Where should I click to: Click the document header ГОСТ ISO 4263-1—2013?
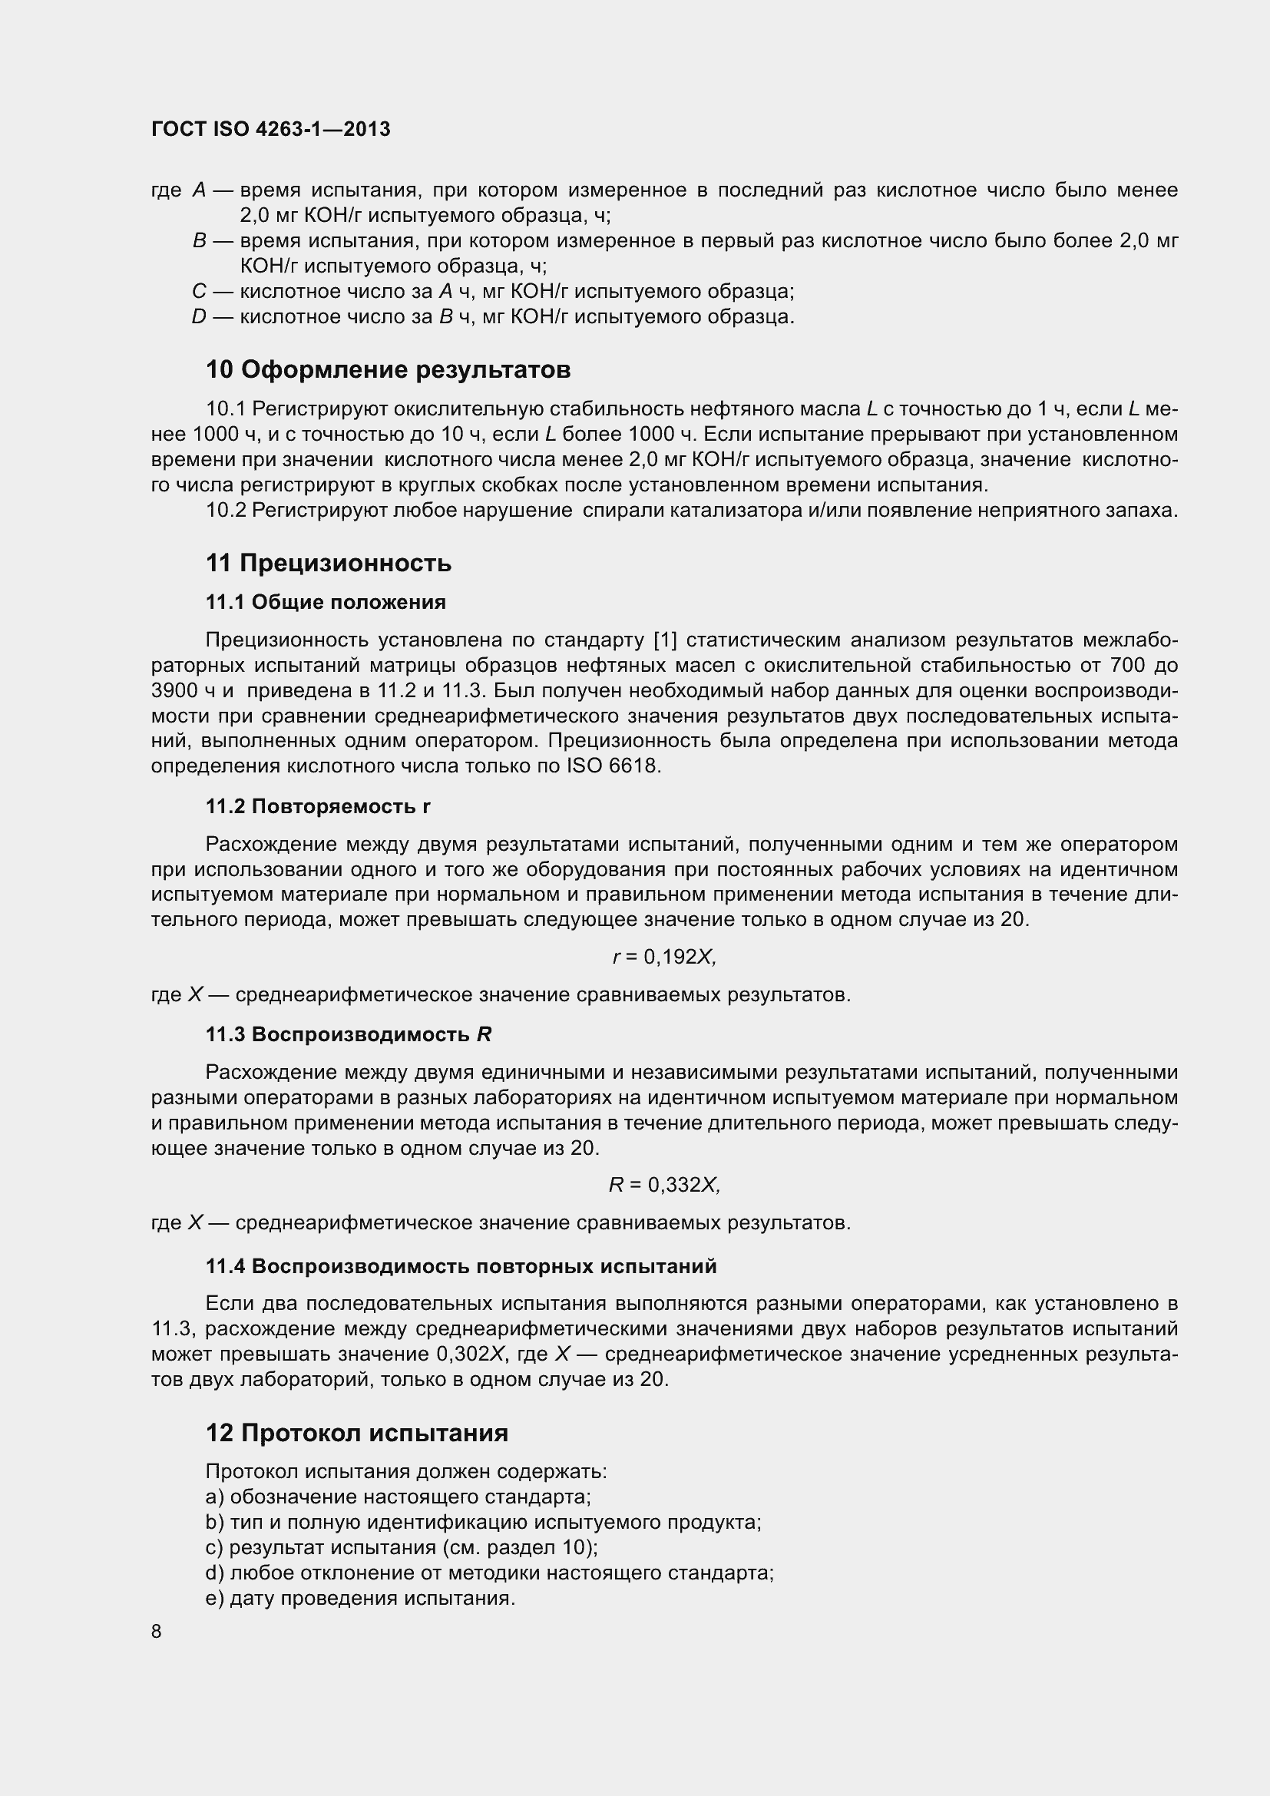[x=270, y=129]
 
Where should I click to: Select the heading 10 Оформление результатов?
[x=388, y=369]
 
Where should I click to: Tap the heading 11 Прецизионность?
[x=329, y=562]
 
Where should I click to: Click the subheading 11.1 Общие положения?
[x=326, y=601]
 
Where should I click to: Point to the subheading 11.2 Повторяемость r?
[x=318, y=805]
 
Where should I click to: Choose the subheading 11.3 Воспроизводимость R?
[x=348, y=1034]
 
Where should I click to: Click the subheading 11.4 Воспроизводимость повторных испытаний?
[x=461, y=1265]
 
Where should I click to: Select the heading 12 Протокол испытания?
[x=356, y=1432]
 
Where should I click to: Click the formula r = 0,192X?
[x=664, y=957]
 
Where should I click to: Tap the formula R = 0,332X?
[x=664, y=1185]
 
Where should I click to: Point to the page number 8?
[x=157, y=1631]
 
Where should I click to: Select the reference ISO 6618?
[x=614, y=766]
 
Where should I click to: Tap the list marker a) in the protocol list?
[x=214, y=1497]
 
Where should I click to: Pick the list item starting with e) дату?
[x=359, y=1598]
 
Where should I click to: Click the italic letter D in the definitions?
[x=200, y=317]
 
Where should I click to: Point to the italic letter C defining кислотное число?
[x=200, y=292]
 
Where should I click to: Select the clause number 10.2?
[x=226, y=510]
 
